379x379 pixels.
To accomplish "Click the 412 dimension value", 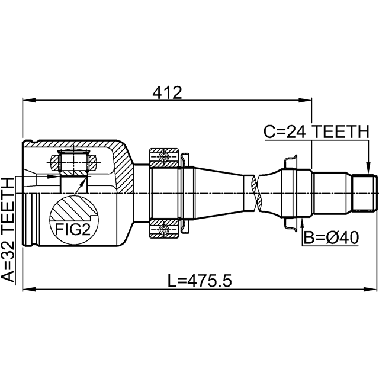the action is click(167, 92).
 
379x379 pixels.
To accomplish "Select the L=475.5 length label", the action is click(200, 281).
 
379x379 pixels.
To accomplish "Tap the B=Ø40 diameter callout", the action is click(331, 237).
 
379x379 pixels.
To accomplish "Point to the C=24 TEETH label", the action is click(316, 131).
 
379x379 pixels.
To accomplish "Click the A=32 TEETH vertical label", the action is click(8, 230).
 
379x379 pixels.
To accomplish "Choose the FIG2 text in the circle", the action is click(73, 229).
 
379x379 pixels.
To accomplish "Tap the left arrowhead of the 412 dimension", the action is click(29, 100).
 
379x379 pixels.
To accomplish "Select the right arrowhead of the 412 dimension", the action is click(306, 100).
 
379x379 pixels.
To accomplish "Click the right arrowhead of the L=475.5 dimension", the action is click(370, 289).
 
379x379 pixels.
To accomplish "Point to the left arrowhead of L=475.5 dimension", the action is click(29, 289).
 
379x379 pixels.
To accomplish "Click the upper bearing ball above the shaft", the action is click(164, 157).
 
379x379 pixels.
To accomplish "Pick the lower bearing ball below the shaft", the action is click(164, 230).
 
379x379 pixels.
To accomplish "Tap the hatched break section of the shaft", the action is click(256, 193).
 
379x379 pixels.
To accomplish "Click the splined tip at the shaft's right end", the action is click(364, 193).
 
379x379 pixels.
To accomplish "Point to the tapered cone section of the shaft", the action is click(219, 193).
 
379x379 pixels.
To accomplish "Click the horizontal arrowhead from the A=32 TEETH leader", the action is click(53, 176).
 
